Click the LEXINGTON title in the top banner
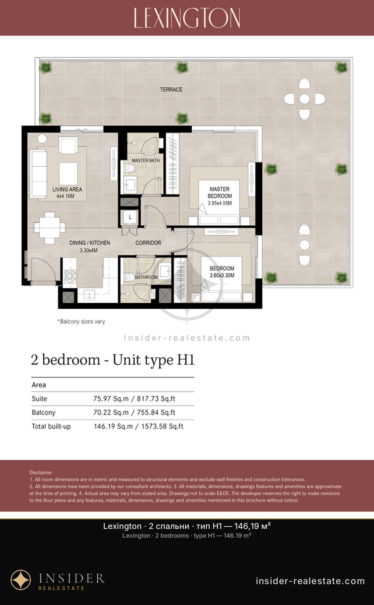[187, 18]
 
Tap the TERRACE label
[171, 89]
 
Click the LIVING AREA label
[67, 189]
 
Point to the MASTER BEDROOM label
[220, 192]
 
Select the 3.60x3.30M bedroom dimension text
[222, 275]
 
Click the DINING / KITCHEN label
[90, 243]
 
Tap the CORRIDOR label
[148, 243]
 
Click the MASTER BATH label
[146, 161]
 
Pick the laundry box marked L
[130, 217]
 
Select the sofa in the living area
[38, 174]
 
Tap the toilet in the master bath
[129, 169]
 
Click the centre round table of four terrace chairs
[304, 99]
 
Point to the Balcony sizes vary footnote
[81, 321]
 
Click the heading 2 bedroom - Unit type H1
[113, 360]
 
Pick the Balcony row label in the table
[44, 412]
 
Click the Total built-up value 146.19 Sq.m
[113, 426]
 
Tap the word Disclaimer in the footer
[41, 473]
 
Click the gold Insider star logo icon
[21, 580]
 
